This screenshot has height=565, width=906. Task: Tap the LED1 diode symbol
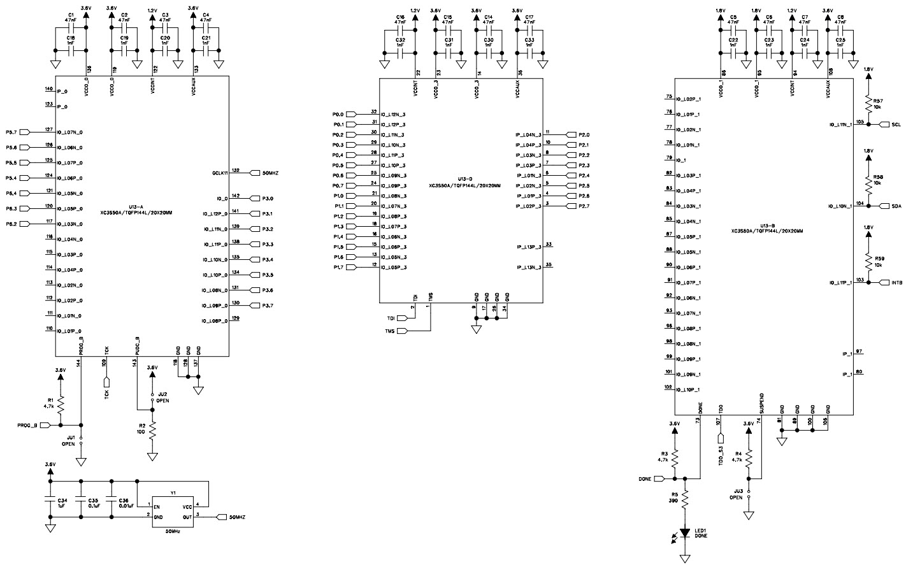[x=685, y=533]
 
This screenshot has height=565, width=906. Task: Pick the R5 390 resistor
[x=685, y=499]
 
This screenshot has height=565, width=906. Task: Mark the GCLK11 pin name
[x=220, y=173]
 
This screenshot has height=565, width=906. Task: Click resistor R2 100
[x=152, y=432]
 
